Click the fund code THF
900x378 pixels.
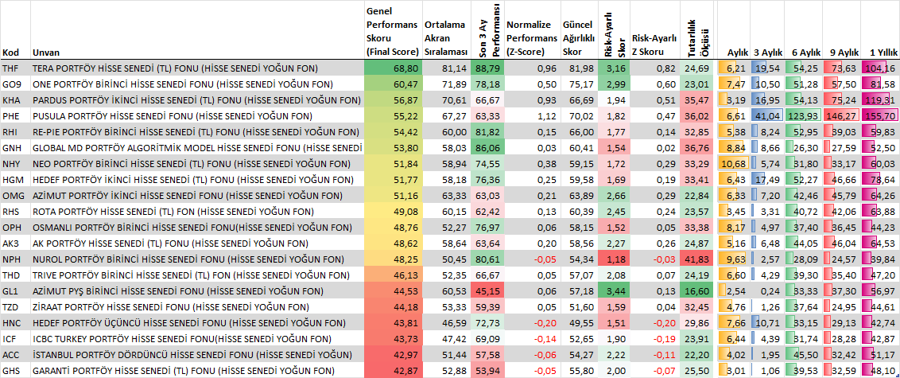[10, 68]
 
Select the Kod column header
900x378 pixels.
[10, 53]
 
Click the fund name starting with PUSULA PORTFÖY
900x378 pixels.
[173, 116]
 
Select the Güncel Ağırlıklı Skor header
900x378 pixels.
[578, 38]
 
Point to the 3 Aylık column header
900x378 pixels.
[768, 53]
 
